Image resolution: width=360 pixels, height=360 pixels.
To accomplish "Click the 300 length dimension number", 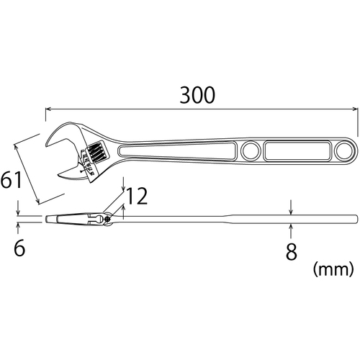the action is pyautogui.click(x=197, y=95).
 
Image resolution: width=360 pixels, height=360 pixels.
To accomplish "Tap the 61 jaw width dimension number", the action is pyautogui.click(x=12, y=179).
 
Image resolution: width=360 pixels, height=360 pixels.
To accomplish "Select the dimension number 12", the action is pyautogui.click(x=136, y=196).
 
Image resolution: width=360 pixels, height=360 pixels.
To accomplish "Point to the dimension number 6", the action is pyautogui.click(x=19, y=248).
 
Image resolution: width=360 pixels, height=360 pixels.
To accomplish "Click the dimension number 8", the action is pyautogui.click(x=291, y=252).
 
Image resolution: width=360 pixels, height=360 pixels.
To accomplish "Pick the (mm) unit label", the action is pyautogui.click(x=333, y=269).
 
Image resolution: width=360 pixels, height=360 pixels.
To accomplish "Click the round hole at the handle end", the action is pyautogui.click(x=344, y=150).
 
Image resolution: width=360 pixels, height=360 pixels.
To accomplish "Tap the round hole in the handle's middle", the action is pyautogui.click(x=251, y=151).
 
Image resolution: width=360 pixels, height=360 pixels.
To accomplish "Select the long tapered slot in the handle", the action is pyautogui.click(x=177, y=150).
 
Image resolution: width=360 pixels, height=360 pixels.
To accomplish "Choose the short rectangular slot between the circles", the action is pyautogui.click(x=297, y=151).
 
